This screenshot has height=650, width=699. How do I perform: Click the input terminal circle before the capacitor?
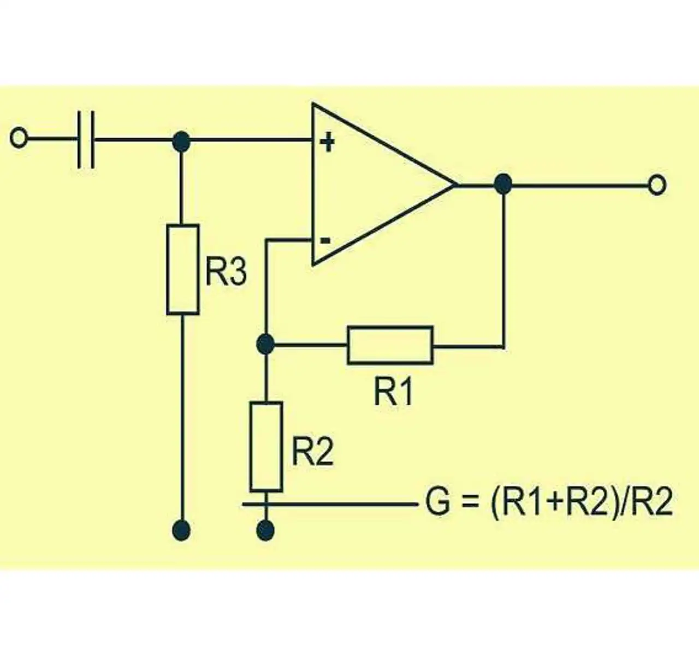18,138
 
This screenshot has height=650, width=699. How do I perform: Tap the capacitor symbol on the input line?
86,140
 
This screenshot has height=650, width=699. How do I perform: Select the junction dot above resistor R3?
181,141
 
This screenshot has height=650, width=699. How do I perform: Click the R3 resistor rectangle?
183,269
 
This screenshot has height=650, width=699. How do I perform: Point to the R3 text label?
226,272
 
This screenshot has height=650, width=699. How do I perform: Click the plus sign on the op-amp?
328,142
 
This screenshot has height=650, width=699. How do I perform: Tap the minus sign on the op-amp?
325,240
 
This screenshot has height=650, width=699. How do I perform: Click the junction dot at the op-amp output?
503,184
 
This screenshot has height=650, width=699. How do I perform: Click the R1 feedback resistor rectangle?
390,345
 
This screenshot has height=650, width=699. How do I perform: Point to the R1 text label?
393,392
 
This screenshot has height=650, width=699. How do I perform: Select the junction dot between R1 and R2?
265,344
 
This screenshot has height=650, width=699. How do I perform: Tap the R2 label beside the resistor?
312,453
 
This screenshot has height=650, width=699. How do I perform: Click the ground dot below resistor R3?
182,530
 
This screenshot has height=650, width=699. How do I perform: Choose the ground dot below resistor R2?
265,531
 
